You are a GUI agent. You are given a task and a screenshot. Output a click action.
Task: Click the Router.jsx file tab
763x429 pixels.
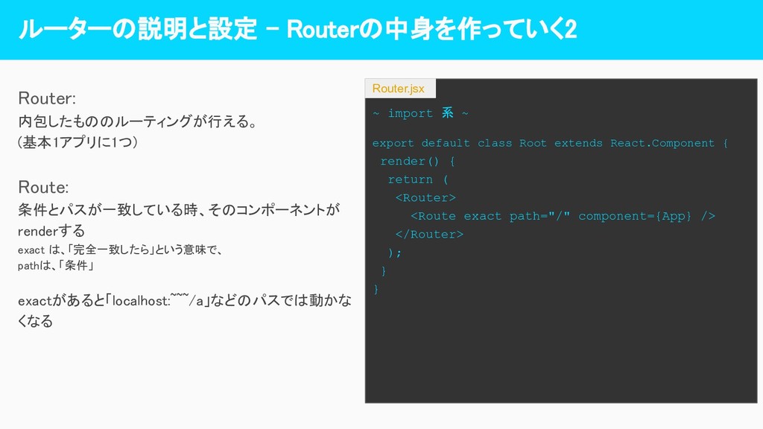tap(399, 89)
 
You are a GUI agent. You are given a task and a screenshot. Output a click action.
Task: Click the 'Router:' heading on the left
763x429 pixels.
tap(47, 98)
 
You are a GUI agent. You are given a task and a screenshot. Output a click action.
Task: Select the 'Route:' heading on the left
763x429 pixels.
tap(43, 186)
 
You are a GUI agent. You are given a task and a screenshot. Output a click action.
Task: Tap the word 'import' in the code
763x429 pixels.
tap(410, 113)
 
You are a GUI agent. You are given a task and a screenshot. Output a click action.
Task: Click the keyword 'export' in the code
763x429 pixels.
tap(393, 143)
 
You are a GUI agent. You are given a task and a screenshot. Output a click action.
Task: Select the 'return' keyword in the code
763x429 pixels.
tap(410, 179)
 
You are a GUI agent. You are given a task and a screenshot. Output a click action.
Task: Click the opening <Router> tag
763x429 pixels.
tap(425, 197)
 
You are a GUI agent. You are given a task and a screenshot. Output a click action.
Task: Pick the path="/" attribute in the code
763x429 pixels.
tap(539, 216)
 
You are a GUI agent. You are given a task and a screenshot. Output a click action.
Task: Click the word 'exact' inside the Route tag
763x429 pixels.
tap(482, 216)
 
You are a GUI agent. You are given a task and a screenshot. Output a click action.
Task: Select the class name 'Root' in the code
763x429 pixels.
tap(533, 143)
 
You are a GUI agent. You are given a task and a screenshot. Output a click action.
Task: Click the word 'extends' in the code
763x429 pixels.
tap(578, 143)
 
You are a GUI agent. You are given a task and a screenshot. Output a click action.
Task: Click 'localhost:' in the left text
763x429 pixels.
tap(140, 301)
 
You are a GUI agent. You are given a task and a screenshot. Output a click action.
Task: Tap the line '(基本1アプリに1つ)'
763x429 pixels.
tap(77, 142)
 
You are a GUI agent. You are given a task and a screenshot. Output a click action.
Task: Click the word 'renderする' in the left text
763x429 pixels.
tap(51, 231)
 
